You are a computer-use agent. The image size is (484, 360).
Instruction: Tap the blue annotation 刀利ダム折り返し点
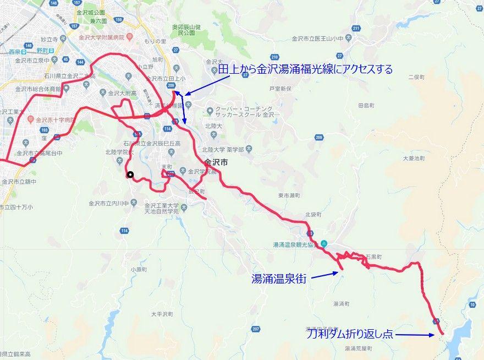(350, 334)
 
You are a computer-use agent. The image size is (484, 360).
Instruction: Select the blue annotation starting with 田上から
(305, 69)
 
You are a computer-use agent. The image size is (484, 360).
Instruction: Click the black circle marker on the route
(130, 175)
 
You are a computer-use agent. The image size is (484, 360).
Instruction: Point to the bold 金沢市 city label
(216, 163)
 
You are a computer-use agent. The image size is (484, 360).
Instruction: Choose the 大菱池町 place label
(414, 158)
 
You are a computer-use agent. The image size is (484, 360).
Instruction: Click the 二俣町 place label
(417, 78)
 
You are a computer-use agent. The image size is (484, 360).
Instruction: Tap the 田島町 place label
(366, 105)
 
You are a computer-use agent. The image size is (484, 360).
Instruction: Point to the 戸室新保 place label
(280, 88)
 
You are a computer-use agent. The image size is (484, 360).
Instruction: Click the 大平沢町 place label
(162, 314)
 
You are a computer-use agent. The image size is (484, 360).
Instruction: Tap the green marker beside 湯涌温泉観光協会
(324, 244)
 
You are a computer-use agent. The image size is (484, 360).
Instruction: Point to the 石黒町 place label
(373, 257)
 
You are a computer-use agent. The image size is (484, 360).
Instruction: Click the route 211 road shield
(356, 28)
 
